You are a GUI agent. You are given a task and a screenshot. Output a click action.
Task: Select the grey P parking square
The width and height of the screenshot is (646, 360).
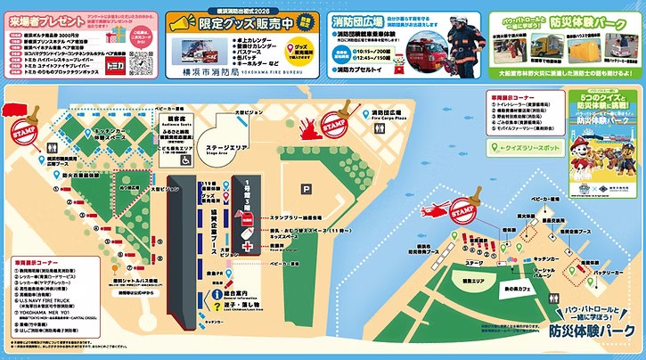307,188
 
